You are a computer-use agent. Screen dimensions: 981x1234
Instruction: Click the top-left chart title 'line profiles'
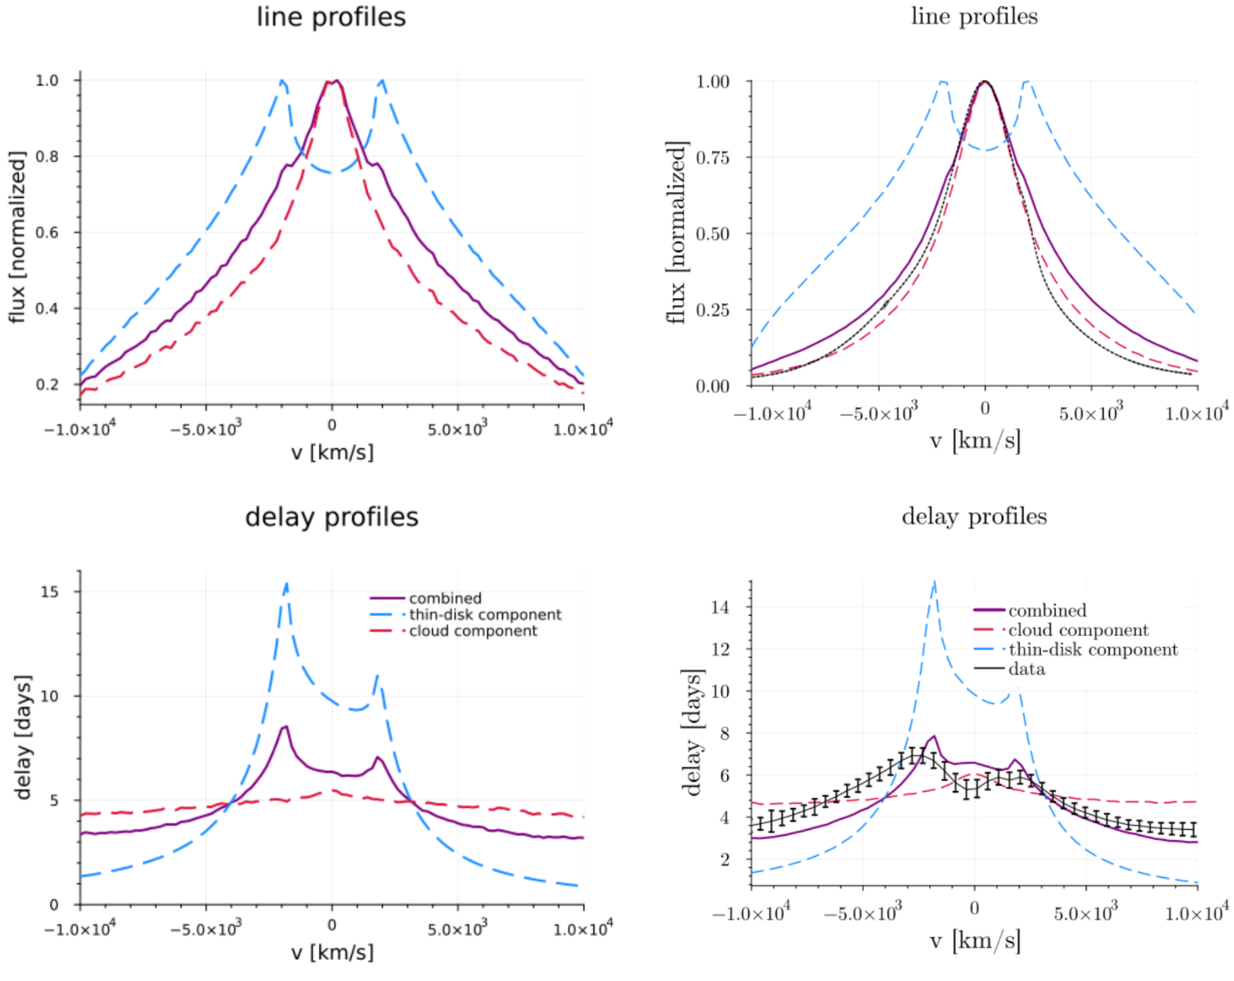331,17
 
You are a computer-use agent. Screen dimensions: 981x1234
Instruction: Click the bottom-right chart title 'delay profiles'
974,516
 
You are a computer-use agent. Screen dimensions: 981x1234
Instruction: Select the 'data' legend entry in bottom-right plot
1026,669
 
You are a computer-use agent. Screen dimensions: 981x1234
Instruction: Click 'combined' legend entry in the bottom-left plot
445,598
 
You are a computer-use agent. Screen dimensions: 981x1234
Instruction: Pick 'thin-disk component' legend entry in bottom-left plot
485,614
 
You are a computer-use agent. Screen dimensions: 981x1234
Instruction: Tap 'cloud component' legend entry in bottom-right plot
1078,630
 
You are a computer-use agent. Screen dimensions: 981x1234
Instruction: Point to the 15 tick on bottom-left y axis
49,592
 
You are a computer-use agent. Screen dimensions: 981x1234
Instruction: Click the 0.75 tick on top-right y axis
712,157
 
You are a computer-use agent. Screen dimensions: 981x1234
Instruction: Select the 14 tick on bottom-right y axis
719,607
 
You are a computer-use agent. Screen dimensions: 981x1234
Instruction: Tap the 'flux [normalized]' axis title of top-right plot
677,233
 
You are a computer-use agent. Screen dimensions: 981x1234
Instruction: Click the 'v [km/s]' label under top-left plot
332,452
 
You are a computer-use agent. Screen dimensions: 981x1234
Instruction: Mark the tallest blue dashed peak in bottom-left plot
287,584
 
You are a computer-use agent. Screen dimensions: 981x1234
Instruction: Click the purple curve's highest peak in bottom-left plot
286,727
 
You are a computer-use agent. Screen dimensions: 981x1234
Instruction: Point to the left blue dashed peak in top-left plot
282,81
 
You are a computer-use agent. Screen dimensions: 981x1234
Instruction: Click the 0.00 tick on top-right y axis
712,386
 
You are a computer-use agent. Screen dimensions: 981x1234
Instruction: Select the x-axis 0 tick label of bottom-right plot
974,908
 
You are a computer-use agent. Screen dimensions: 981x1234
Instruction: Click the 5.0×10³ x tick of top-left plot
457,427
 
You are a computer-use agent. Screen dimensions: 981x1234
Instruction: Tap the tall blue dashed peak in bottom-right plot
934,582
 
